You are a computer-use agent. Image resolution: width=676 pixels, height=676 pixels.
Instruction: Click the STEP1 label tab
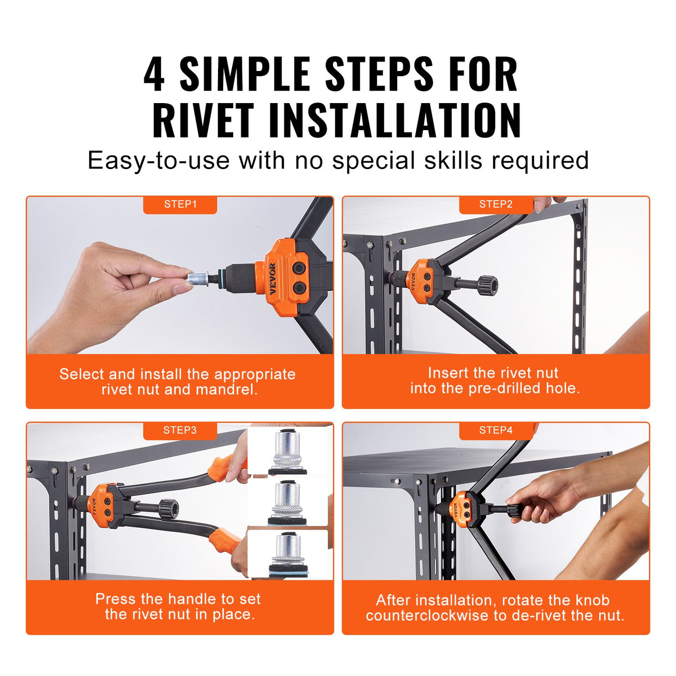180,204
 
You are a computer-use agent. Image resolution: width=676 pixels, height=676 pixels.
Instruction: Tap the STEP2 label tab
496,204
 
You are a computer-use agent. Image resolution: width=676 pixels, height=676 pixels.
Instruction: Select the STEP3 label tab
180,430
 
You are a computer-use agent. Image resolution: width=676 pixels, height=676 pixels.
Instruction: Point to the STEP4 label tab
496,430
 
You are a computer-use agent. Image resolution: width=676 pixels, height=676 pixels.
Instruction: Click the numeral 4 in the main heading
154,75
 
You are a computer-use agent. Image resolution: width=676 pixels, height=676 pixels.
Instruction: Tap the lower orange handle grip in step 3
225,540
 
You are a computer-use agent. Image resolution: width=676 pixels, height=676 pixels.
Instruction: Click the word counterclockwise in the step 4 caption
429,615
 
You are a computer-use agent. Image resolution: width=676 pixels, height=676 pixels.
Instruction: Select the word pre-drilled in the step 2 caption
505,388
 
